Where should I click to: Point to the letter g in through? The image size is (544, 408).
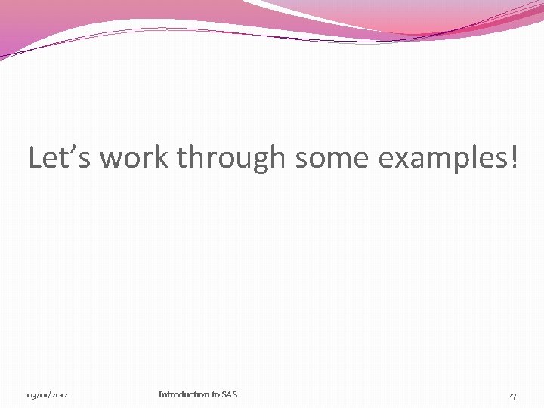[x=264, y=161]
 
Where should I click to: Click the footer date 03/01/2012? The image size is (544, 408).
[x=48, y=395]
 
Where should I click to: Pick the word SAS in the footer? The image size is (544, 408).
[x=228, y=394]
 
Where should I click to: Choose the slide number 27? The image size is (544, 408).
[x=512, y=395]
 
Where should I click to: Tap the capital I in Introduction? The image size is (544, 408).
[x=160, y=394]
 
